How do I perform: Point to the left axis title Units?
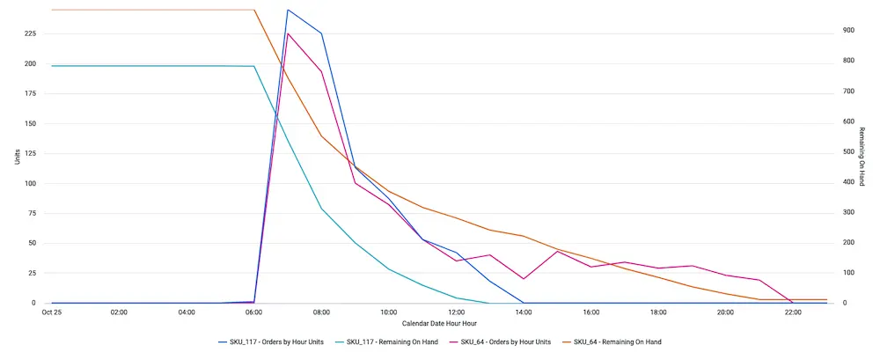coord(17,157)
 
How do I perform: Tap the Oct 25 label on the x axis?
coord(52,312)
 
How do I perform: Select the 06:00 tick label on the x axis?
coord(253,312)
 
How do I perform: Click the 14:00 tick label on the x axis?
coord(524,312)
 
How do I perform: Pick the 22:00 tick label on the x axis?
coord(793,312)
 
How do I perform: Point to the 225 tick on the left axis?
coord(31,33)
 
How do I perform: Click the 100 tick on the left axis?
coord(31,184)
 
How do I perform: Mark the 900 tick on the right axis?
coord(848,31)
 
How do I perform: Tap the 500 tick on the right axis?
coord(848,151)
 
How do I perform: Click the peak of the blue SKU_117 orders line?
coord(288,10)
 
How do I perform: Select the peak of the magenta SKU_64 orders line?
coord(288,33)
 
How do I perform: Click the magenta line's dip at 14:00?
coord(524,279)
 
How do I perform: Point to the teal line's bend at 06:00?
coord(254,66)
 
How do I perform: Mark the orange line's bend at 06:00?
coord(254,10)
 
